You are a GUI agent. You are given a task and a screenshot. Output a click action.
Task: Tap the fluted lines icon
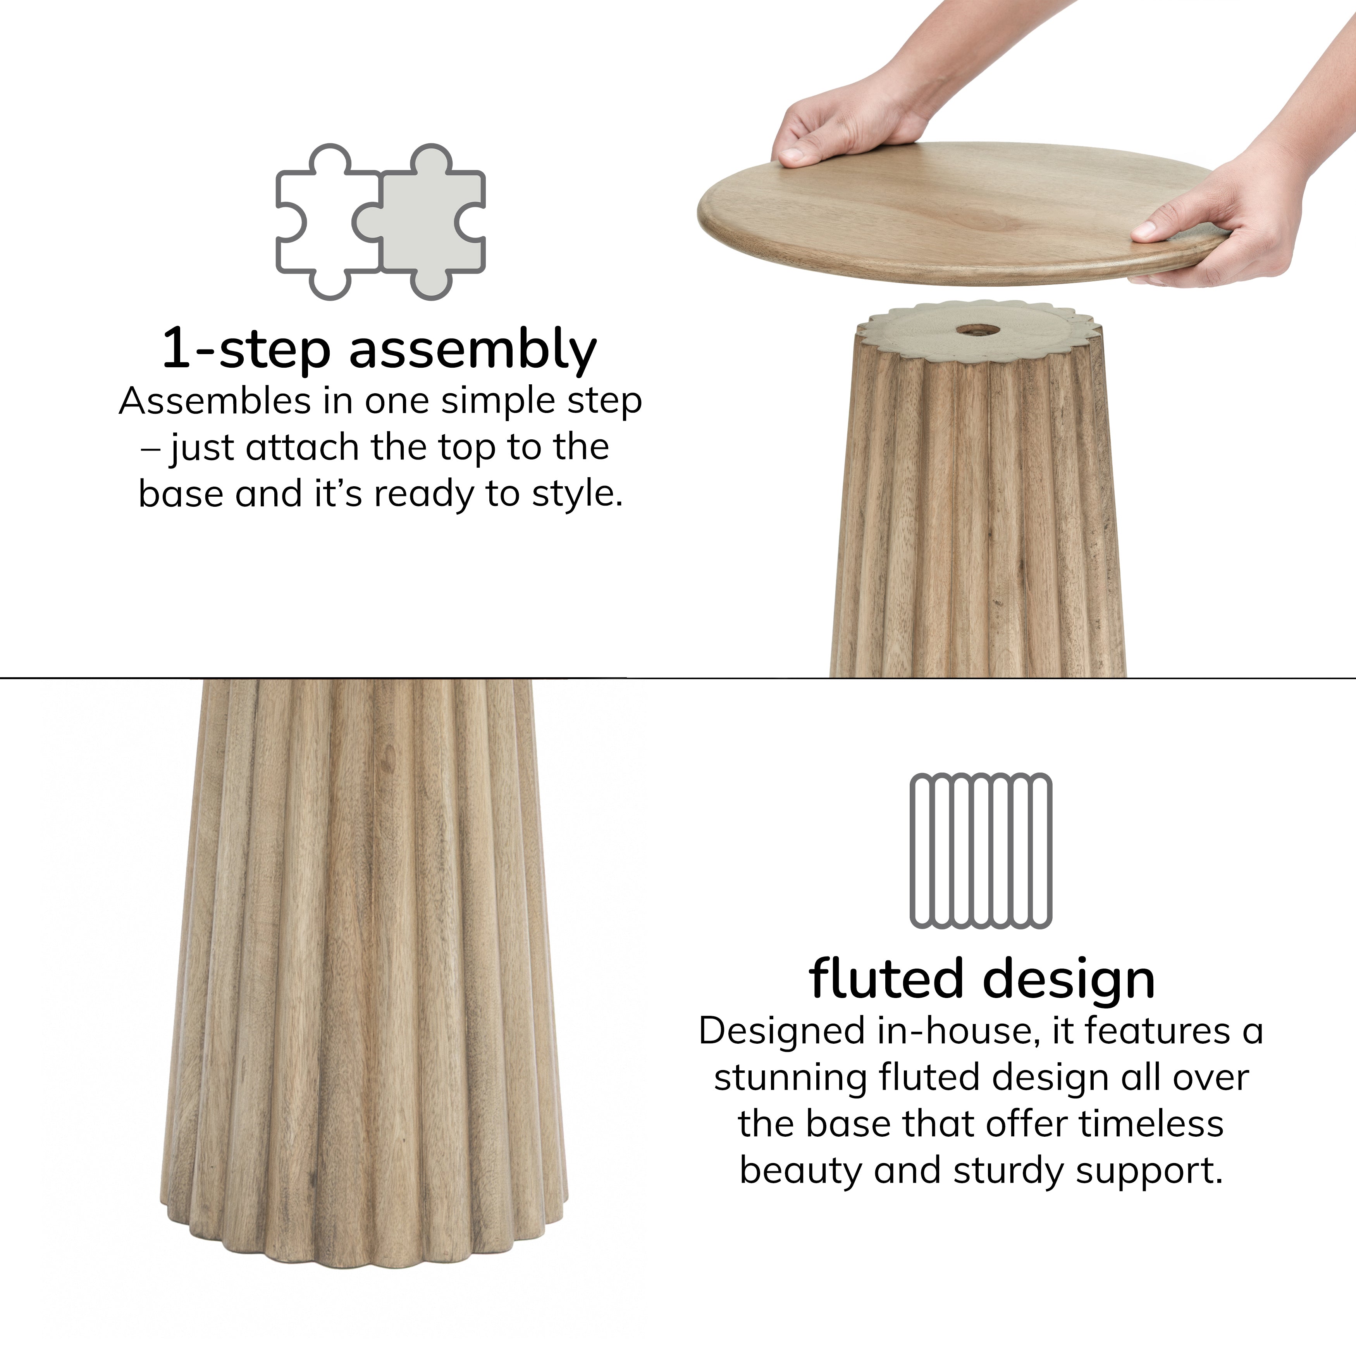click(981, 851)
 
